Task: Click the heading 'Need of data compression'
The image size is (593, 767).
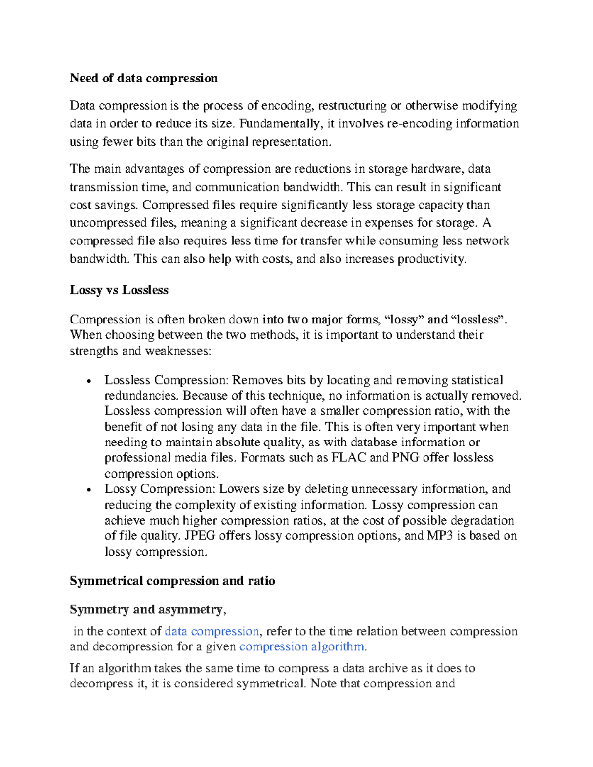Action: tap(143, 78)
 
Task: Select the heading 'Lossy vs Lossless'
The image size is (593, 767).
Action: tap(119, 290)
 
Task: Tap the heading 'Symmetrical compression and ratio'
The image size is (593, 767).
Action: tap(172, 581)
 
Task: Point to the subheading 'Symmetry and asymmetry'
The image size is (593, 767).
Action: tap(146, 609)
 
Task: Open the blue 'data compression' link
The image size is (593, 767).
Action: tap(212, 631)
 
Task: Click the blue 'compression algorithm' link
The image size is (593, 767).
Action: tap(301, 646)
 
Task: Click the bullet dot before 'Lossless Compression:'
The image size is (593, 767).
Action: tap(88, 381)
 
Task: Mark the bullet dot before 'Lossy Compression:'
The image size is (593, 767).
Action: tap(88, 490)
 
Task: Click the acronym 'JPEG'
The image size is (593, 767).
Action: tap(200, 536)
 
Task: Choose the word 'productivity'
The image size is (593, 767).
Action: tap(431, 259)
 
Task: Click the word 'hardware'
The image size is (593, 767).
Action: tap(437, 169)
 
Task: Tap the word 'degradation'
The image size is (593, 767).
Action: tap(483, 520)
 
